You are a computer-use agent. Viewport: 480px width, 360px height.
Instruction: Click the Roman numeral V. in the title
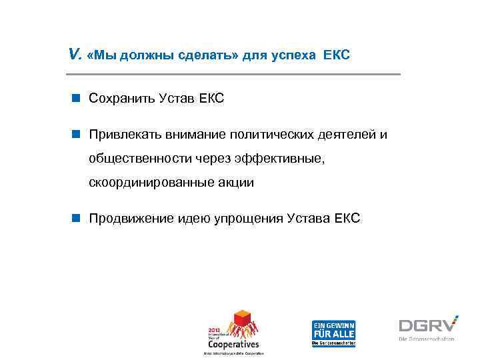point(75,55)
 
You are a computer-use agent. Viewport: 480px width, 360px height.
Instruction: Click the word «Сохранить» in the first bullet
point(121,99)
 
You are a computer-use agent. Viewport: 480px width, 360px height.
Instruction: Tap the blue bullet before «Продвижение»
point(77,218)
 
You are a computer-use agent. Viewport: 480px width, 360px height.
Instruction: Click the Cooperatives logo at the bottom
point(234,331)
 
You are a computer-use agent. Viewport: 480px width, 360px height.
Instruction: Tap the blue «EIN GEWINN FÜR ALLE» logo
point(333,331)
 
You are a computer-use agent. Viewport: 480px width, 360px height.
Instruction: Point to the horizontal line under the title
point(234,73)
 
